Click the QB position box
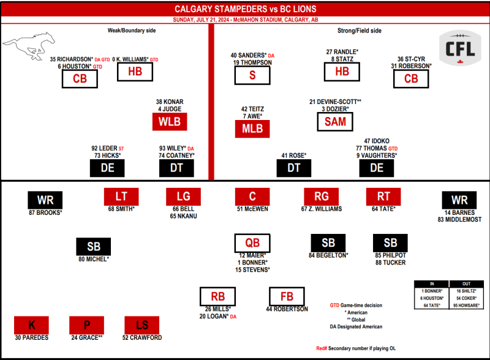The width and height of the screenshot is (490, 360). pos(252,243)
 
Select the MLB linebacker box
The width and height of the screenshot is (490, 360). pos(252,129)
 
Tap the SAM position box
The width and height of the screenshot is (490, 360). pos(335,122)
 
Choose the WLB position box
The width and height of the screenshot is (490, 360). pos(170,122)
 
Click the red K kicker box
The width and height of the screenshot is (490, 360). pos(32,325)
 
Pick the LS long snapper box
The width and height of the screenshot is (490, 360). pos(142,325)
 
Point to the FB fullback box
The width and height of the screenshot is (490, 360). pos(287,296)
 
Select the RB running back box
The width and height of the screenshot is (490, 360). pos(218,296)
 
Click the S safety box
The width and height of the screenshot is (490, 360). pos(252,75)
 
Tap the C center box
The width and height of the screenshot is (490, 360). pos(252,197)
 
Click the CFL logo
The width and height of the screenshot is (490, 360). pos(460,48)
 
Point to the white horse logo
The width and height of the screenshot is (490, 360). pos(29,46)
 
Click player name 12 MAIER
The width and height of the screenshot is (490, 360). pos(252,255)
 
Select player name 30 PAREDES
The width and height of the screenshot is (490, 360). pos(32,337)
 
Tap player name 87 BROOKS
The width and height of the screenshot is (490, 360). pos(45,212)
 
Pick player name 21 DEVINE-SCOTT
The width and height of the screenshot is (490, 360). pos(335,102)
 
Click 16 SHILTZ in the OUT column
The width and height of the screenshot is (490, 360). pos(466,291)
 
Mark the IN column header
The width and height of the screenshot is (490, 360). pos(432,283)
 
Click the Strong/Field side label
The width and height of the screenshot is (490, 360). pos(360,31)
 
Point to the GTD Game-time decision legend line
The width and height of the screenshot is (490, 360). pos(356,306)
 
